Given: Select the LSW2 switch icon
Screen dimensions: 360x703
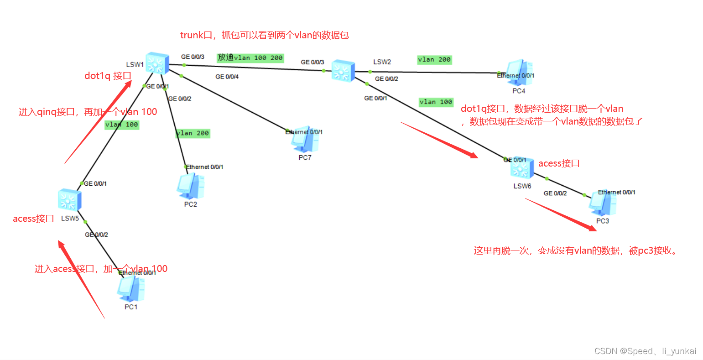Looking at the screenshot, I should coord(343,71).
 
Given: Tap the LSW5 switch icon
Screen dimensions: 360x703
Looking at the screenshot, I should coord(70,200).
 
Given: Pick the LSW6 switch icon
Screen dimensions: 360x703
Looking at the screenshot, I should coord(522,169).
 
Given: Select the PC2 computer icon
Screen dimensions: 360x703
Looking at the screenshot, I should coord(190,186).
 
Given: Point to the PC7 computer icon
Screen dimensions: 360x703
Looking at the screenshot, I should coord(305,140).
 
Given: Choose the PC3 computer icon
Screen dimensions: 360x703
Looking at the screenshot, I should coord(603,203).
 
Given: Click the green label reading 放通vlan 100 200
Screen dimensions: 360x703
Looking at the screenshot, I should coord(250,58).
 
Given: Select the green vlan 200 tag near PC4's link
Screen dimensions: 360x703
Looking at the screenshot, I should coord(434,60).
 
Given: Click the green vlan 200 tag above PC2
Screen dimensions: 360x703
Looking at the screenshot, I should coord(193,133).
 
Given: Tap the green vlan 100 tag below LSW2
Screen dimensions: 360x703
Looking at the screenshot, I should coord(436,102).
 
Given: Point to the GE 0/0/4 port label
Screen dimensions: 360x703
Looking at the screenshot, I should coord(227,77).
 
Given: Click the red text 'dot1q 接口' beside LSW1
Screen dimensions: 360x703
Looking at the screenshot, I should coord(108,76).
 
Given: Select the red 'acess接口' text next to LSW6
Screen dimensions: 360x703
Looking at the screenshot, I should coord(559,163).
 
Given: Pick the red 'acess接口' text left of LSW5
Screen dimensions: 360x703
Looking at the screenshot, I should coord(33,219).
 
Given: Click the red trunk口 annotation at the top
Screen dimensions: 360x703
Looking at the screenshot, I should coord(265,35).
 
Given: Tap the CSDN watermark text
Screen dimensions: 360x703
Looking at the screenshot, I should coord(645,351).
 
